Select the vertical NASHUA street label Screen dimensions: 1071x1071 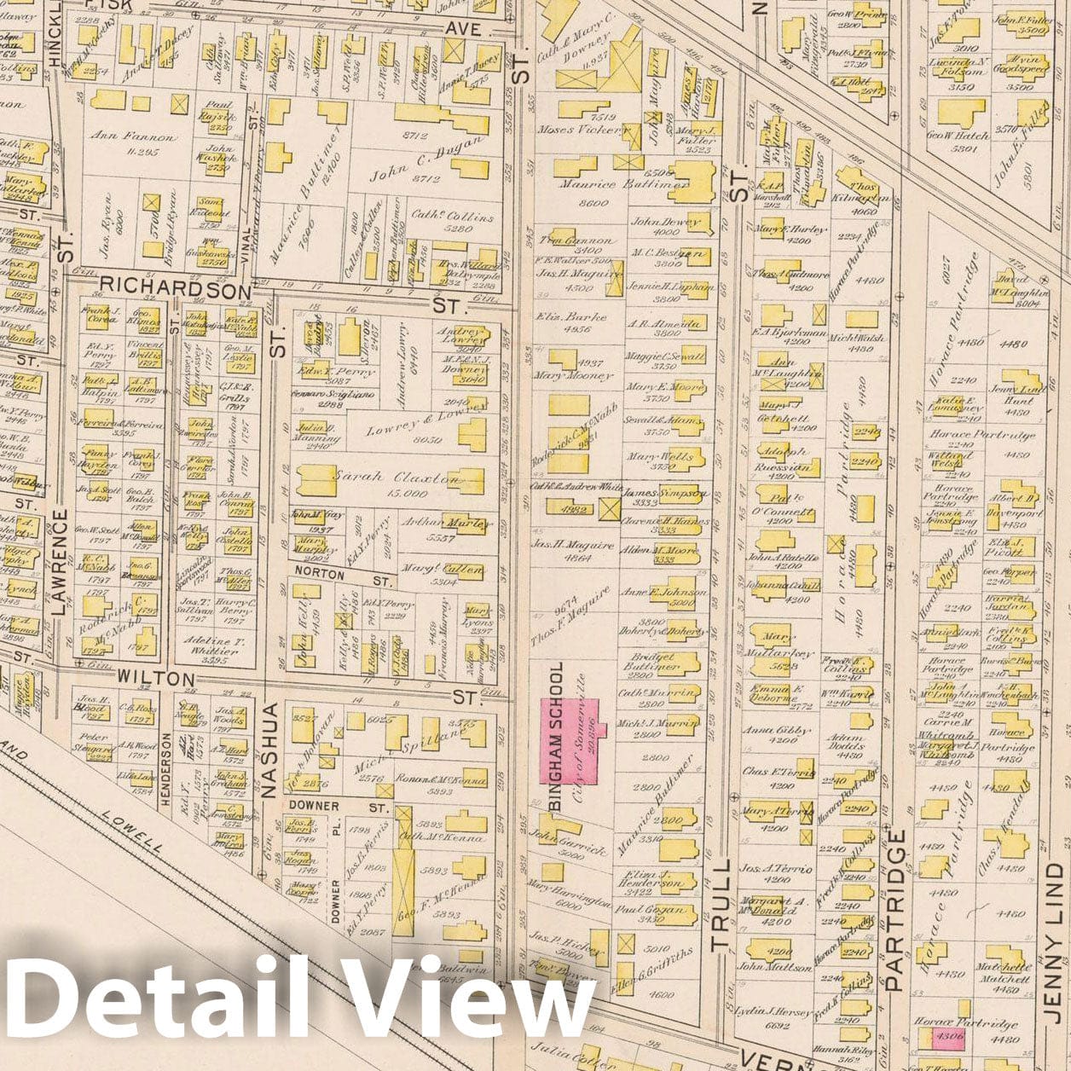(x=270, y=750)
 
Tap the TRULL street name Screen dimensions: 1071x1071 (x=721, y=905)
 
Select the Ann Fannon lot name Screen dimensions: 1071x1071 (x=140, y=136)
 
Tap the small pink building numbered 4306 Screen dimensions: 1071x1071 (x=947, y=1037)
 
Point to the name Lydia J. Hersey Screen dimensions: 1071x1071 (x=774, y=1012)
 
